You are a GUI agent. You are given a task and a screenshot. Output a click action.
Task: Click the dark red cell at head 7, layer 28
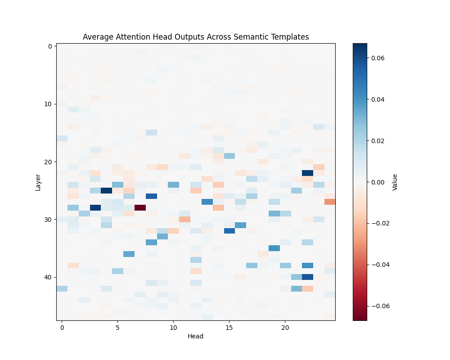pyautogui.click(x=140, y=207)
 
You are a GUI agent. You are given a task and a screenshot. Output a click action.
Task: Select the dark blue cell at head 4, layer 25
pyautogui.click(x=106, y=190)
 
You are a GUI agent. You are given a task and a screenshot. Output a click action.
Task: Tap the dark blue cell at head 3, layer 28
pyautogui.click(x=95, y=207)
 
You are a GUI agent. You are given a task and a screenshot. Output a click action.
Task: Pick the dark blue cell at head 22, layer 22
pyautogui.click(x=307, y=173)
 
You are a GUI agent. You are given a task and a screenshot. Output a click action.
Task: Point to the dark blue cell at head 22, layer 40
pyautogui.click(x=307, y=277)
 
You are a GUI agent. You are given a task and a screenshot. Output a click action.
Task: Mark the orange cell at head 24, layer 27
pyautogui.click(x=329, y=202)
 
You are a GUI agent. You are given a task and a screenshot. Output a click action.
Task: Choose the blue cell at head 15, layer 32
pyautogui.click(x=229, y=231)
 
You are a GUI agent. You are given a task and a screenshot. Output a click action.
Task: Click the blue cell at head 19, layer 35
pyautogui.click(x=274, y=248)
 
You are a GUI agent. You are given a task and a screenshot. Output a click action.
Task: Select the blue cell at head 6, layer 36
pyautogui.click(x=129, y=254)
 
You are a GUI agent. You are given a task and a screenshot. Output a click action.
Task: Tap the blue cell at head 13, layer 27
pyautogui.click(x=207, y=202)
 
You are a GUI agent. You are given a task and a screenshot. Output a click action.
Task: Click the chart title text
pyautogui.click(x=196, y=37)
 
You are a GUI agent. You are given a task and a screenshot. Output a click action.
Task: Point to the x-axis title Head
pyautogui.click(x=196, y=336)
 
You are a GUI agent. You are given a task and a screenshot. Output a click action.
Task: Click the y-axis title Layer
pyautogui.click(x=38, y=182)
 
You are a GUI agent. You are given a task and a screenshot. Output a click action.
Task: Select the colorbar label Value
pyautogui.click(x=395, y=182)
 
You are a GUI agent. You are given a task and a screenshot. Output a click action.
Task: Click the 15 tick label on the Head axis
pyautogui.click(x=229, y=328)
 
